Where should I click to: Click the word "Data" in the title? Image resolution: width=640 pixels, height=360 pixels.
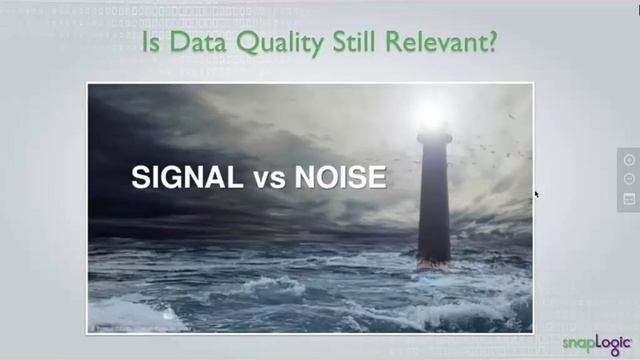pyautogui.click(x=190, y=43)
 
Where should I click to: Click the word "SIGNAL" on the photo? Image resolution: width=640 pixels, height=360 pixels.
pyautogui.click(x=186, y=178)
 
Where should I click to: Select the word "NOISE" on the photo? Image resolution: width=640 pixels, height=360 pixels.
pyautogui.click(x=339, y=178)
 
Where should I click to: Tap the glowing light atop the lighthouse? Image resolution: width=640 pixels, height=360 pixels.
pyautogui.click(x=433, y=115)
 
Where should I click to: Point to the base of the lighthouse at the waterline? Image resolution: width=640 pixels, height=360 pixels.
pyautogui.click(x=434, y=260)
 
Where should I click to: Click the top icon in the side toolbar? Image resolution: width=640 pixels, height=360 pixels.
pyautogui.click(x=629, y=159)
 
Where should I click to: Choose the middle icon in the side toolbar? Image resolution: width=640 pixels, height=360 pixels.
pyautogui.click(x=629, y=179)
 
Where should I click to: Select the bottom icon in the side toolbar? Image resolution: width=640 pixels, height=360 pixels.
pyautogui.click(x=629, y=199)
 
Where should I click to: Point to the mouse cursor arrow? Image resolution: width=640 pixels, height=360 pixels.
pyautogui.click(x=536, y=194)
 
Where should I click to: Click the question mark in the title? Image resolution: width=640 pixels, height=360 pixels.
pyautogui.click(x=494, y=43)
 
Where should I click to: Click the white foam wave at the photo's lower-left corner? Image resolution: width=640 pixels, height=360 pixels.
pyautogui.click(x=125, y=316)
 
